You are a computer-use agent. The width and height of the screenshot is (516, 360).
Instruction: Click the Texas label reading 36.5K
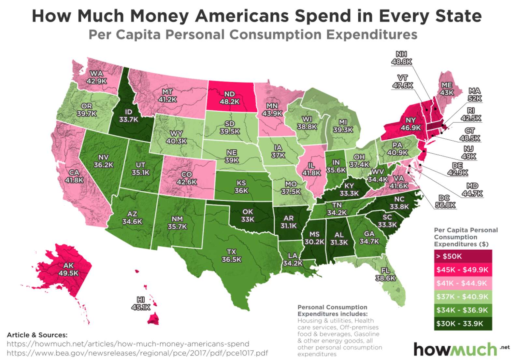pos(231,256)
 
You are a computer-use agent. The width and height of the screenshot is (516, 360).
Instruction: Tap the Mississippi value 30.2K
pos(314,242)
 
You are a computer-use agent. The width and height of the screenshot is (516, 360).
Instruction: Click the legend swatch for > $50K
pos(463,256)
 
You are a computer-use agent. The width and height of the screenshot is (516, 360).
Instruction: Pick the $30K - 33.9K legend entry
pos(463,324)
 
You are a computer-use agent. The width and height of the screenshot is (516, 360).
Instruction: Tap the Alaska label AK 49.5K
pos(68,270)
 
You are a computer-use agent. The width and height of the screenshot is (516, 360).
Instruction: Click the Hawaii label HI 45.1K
pos(140,303)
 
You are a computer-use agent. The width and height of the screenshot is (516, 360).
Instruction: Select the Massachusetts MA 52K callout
pos(474,95)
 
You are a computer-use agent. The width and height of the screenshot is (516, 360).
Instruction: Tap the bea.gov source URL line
pos(137,353)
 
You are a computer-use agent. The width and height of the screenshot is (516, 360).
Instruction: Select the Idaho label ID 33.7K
pos(128,116)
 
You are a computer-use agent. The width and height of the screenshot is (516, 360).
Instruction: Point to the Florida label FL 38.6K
pos(385,274)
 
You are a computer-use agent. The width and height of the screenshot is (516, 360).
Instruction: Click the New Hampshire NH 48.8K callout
pos(401,58)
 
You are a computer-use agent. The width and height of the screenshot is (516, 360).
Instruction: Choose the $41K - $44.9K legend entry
pos(463,283)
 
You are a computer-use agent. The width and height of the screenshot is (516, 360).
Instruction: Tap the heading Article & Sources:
pos(37,335)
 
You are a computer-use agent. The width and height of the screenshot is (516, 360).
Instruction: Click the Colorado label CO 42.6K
pos(186,178)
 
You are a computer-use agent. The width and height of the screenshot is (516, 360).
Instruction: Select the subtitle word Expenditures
pos(372,35)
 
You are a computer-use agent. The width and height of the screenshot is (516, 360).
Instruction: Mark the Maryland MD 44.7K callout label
pos(472,190)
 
